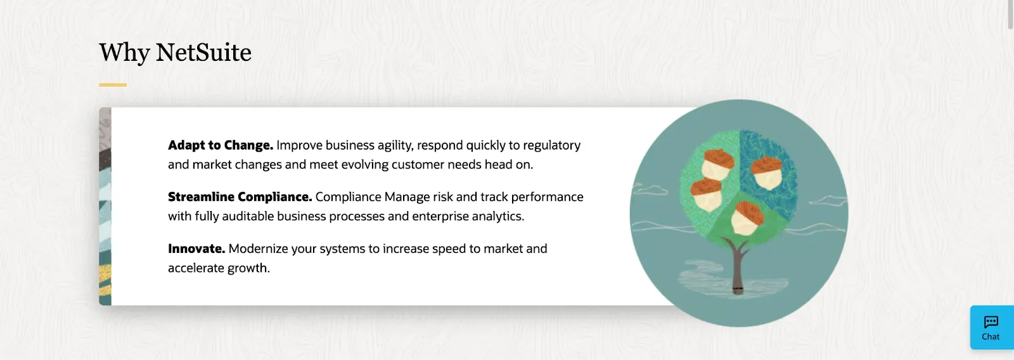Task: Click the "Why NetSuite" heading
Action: click(175, 53)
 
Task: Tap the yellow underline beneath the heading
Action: click(113, 85)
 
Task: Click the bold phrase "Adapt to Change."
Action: click(221, 145)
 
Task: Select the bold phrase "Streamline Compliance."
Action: click(240, 197)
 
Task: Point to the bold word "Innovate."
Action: click(196, 249)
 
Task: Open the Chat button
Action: click(991, 328)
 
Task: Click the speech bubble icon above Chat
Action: click(991, 322)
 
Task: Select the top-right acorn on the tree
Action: click(767, 172)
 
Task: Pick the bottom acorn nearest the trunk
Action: click(747, 217)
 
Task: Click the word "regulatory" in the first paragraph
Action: click(550, 145)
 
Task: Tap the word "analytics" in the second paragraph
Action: click(497, 216)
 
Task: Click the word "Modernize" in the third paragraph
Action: click(258, 249)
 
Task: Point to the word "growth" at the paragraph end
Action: click(247, 268)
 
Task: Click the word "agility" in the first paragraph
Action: click(395, 145)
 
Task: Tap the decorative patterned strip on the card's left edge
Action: click(105, 207)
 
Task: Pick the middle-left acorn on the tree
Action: click(705, 195)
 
